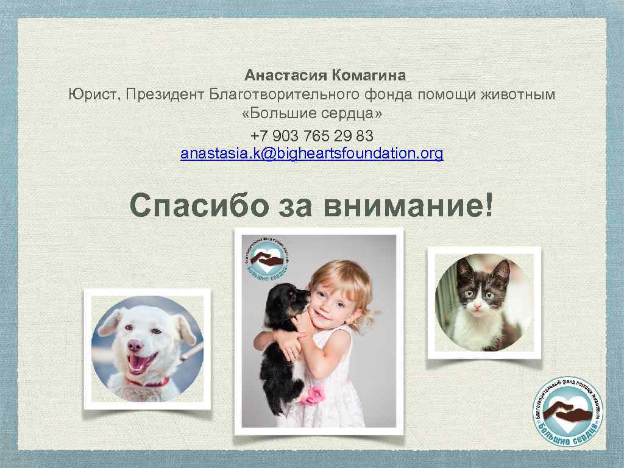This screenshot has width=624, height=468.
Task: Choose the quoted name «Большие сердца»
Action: pos(313,115)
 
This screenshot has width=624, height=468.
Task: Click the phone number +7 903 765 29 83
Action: pos(312,135)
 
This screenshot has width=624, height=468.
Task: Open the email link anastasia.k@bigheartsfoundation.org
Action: pos(312,154)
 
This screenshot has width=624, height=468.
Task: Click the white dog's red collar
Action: pos(148,383)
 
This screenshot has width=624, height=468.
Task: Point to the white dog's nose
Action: pos(135,346)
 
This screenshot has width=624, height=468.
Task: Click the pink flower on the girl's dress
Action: pos(313,396)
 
